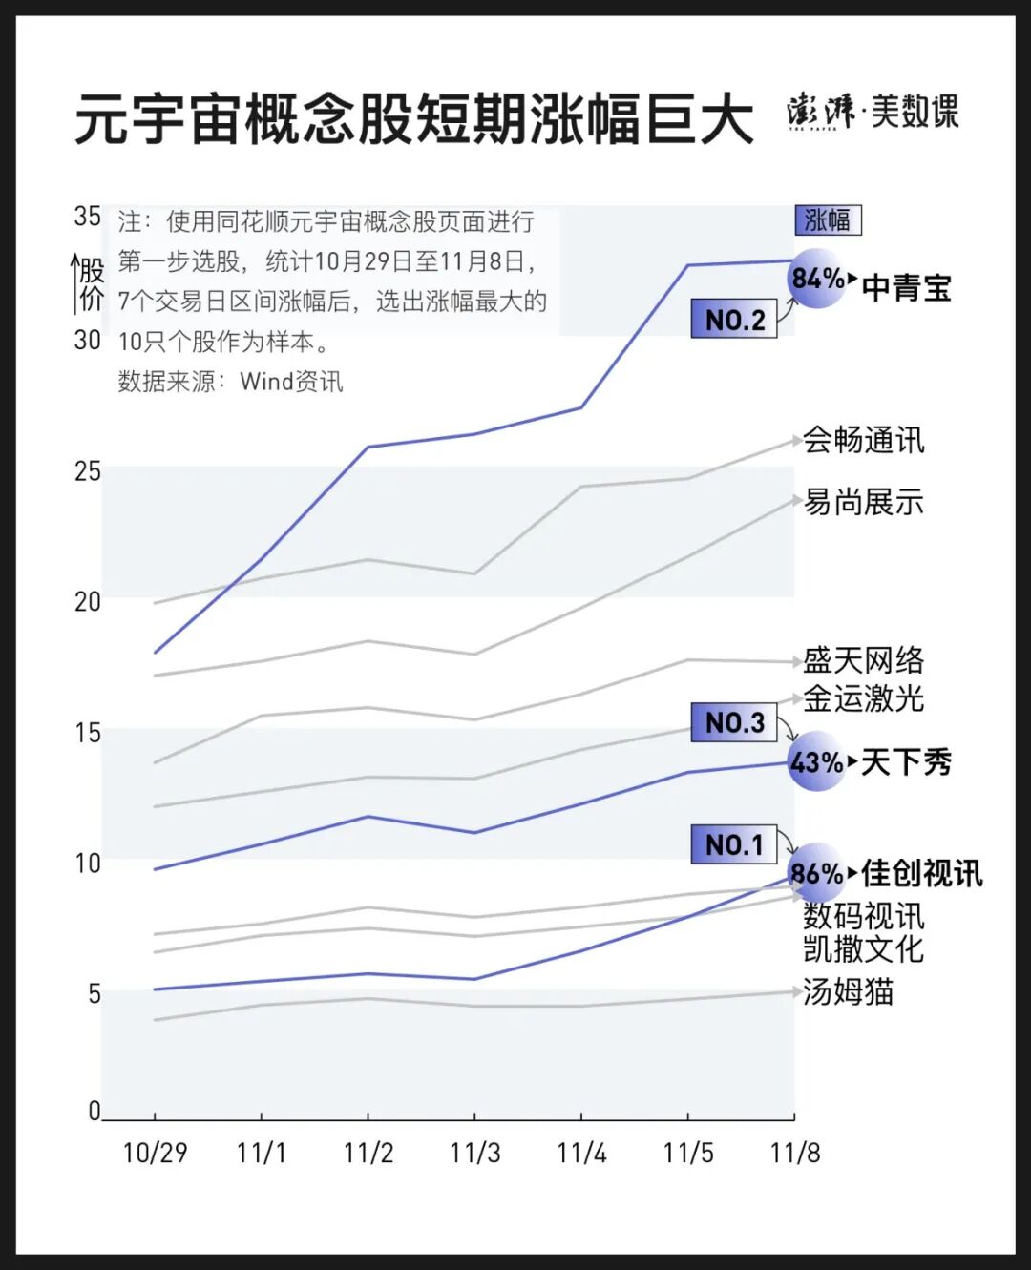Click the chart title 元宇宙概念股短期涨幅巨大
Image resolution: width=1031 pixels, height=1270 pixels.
(x=414, y=120)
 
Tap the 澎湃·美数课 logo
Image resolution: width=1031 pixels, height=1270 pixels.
(x=873, y=112)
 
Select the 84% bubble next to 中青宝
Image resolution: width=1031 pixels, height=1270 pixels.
(x=818, y=279)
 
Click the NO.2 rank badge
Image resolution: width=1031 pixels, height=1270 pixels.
(x=734, y=320)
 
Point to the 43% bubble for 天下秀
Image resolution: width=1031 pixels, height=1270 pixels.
(x=817, y=762)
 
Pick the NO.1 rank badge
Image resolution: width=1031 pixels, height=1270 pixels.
(x=734, y=844)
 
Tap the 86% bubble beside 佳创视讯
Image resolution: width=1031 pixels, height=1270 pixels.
(x=817, y=872)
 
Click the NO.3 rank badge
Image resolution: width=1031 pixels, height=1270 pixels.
(x=734, y=722)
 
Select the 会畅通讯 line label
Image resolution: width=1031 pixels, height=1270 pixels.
(x=863, y=440)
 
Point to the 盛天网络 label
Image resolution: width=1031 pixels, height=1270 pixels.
(x=863, y=660)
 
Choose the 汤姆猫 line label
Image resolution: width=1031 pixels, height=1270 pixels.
(x=848, y=991)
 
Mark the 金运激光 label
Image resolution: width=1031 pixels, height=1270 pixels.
(x=863, y=698)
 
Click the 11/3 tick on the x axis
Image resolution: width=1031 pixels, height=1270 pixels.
(x=474, y=1153)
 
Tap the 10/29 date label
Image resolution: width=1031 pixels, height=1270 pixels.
(x=155, y=1153)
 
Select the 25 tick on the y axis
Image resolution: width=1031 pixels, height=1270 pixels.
(x=87, y=470)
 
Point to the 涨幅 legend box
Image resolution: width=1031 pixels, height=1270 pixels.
(x=828, y=220)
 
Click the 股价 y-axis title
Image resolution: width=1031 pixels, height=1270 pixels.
(x=92, y=284)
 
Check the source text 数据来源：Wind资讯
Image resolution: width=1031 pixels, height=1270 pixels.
(x=230, y=382)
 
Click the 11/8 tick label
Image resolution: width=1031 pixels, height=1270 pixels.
(x=794, y=1153)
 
